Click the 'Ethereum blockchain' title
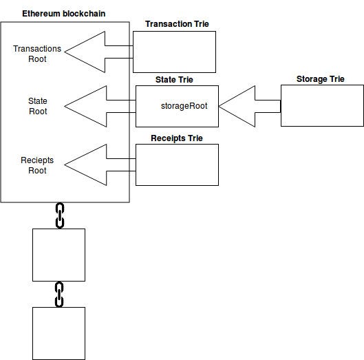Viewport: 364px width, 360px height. click(64, 14)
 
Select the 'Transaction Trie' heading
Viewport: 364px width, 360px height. click(177, 24)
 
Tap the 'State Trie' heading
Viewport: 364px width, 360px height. click(175, 80)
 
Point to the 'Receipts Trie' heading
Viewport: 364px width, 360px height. click(177, 138)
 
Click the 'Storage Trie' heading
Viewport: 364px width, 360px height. click(320, 79)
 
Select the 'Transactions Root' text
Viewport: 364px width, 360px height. click(38, 54)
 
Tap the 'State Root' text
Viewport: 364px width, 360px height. click(38, 106)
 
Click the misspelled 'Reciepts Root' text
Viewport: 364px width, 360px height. click(38, 165)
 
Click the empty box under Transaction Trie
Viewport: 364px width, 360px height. click(174, 52)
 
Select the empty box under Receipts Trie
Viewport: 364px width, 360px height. click(177, 165)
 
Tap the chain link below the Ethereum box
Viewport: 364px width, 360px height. click(59, 215)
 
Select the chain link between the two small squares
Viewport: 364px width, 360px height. click(59, 294)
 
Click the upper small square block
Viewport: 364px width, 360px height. click(59, 255)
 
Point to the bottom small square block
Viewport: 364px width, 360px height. click(59, 333)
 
